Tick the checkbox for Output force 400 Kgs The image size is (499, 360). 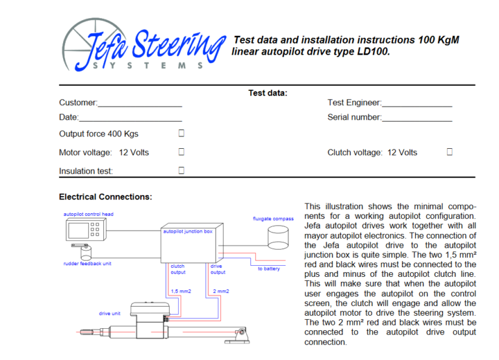tap(182, 133)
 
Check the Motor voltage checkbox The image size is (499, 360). tap(182, 152)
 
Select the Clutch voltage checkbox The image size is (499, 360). tap(450, 152)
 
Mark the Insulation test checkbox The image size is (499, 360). tap(182, 170)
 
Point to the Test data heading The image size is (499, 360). tap(268, 93)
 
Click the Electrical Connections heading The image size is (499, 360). tap(105, 197)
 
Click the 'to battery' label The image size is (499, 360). tap(268, 268)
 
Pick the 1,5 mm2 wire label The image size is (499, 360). tap(181, 291)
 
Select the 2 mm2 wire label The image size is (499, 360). tap(221, 291)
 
